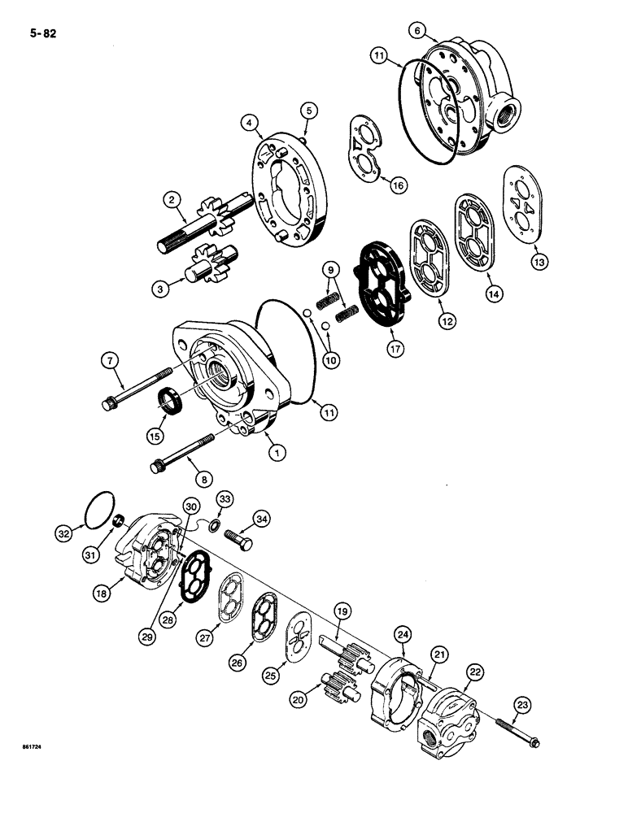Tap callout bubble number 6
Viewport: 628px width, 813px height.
click(x=417, y=31)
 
